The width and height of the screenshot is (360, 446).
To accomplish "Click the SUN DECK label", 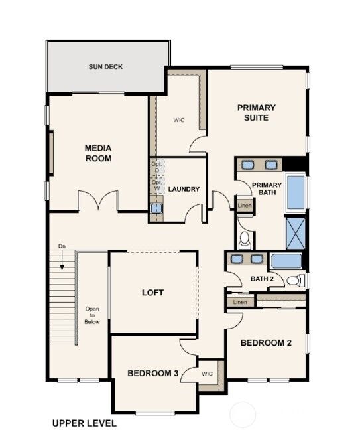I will pos(106,67).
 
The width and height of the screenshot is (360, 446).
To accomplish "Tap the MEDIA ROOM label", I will pos(98,153).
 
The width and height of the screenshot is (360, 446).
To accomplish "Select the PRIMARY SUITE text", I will pos(257,112).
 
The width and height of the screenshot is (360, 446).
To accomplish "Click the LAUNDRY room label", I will pos(184,190).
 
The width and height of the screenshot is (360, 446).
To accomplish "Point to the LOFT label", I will pos(152,292).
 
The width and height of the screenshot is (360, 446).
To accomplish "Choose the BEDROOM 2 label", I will pos(266,343).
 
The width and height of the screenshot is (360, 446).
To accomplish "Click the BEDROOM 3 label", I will pos(152,374).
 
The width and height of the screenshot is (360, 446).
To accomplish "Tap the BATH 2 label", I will pos(262,279).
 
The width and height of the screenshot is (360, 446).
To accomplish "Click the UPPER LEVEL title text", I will pos(84,423).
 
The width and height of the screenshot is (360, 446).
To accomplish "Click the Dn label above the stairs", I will pos(62,247).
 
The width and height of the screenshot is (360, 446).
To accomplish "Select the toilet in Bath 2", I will pos(299,279).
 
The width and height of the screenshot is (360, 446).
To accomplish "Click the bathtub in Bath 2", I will pos(286,260).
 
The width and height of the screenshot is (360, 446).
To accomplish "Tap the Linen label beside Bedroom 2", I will pos(239,303).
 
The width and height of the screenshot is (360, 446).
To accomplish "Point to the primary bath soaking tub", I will pos(295,192).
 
